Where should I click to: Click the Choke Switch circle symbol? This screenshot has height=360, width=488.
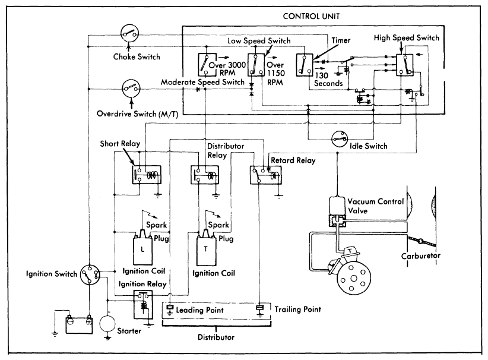[x=129, y=33]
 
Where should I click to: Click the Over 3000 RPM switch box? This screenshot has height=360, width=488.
[x=206, y=65]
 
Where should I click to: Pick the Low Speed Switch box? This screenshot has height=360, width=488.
[x=256, y=65]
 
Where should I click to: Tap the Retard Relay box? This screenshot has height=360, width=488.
[x=264, y=176]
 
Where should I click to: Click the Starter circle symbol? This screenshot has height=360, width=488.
[x=109, y=324]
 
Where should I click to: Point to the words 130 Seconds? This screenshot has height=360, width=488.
[x=328, y=79]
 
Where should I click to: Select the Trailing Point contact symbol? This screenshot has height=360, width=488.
[x=261, y=309]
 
